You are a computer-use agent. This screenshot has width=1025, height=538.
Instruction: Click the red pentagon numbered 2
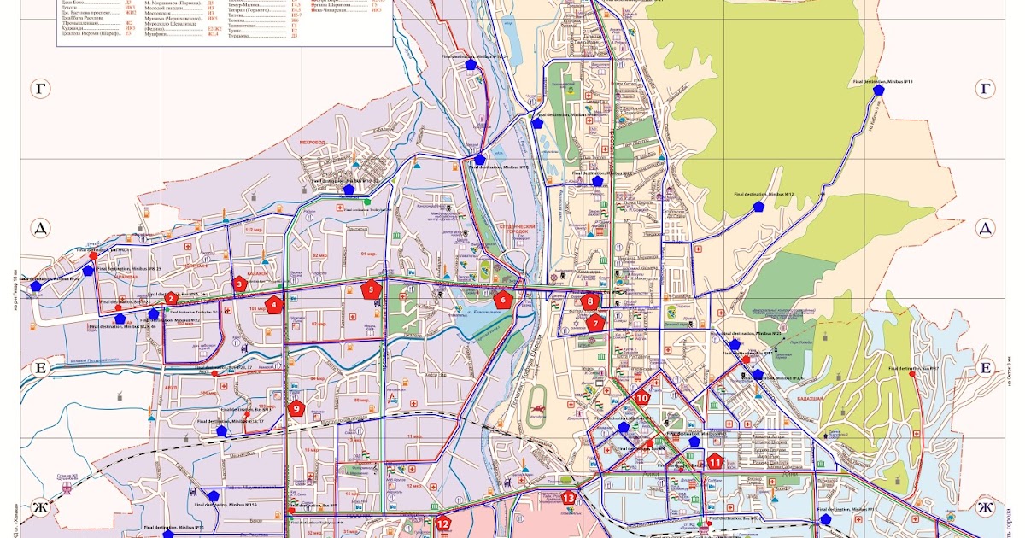pos(171,298)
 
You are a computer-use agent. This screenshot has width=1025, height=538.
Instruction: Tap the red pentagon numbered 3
pos(240,284)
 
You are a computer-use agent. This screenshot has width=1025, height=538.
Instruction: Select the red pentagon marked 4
pos(274,303)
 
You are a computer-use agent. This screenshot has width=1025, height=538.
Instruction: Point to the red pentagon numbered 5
pos(371,289)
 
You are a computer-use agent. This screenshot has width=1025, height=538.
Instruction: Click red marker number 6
pos(503,300)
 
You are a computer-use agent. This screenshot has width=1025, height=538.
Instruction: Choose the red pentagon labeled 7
pos(595,323)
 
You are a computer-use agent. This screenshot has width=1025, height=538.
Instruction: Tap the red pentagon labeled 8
pos(589,301)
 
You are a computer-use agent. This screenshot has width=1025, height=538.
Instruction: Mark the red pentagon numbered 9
pos(296,408)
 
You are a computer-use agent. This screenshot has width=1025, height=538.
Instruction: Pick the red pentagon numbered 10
pos(642,397)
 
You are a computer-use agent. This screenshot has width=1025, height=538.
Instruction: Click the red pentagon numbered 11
pos(715,462)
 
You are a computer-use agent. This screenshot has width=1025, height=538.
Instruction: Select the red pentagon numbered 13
pos(568,498)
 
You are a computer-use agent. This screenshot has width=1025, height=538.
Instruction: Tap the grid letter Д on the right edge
pos(984,228)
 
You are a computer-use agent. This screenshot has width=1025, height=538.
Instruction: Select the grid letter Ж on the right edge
pos(984,508)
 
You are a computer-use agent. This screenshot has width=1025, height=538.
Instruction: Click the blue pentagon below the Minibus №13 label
pos(879,90)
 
